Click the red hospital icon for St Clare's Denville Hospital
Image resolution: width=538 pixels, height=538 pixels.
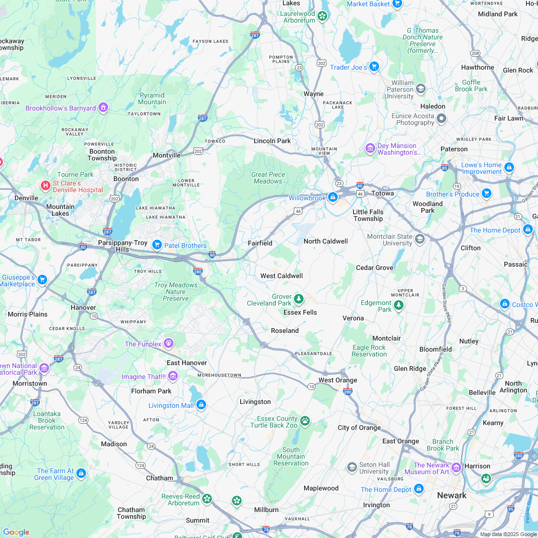coord(46,185)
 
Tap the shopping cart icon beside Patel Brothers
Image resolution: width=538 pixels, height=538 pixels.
coord(157,245)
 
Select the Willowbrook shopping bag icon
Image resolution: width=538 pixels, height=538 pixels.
coord(332,197)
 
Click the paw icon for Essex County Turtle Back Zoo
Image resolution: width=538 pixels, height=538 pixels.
coord(305,421)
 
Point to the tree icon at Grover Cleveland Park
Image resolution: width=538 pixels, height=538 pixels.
coord(299,299)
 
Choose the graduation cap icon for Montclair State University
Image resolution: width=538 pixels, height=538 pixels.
coord(420,239)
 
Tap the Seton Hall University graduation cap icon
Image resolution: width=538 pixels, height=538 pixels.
coord(352,467)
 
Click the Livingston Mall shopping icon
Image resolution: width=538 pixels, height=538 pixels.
coord(201,405)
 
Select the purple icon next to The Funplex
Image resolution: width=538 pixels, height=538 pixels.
coord(168,343)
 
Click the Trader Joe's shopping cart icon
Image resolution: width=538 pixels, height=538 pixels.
coord(374,66)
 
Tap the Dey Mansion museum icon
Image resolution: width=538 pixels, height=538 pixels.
coord(370,148)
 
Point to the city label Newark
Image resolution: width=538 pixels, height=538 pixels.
coord(452,495)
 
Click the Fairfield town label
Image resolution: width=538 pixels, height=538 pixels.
coord(260,243)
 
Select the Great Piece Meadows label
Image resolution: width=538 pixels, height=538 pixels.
coord(268,178)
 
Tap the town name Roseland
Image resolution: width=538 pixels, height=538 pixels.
coord(285,330)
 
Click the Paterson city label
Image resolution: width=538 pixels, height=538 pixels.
coord(454,149)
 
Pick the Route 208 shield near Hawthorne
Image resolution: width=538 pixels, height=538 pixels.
coord(475,53)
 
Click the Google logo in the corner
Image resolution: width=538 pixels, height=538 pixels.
coord(16,532)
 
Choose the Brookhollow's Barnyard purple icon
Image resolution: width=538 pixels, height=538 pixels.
coord(103,108)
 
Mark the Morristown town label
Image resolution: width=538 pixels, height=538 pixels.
coord(30,383)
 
